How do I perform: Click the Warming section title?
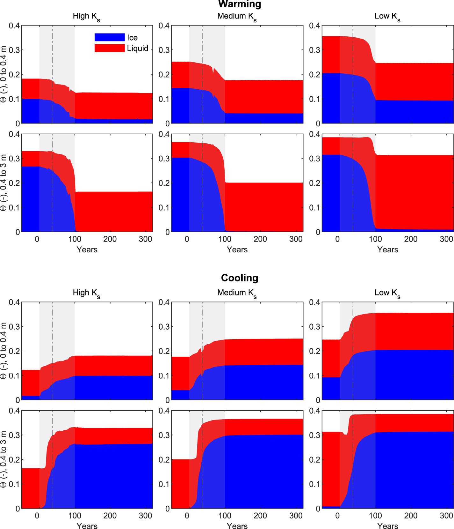tap(240, 4)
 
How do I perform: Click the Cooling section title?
tap(240, 278)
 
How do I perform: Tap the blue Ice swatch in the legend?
tap(110, 37)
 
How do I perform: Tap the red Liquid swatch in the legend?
tap(110, 48)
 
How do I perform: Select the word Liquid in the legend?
tap(138, 48)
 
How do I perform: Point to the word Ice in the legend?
tap(132, 38)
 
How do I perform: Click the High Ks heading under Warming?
tap(86, 16)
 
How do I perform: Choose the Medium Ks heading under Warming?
tap(237, 16)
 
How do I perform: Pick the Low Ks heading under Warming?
tap(387, 16)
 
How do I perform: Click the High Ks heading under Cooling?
tap(86, 293)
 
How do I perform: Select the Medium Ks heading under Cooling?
tap(237, 293)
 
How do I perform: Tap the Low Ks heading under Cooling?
tap(387, 293)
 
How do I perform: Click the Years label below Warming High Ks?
tap(87, 250)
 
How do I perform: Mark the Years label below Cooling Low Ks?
tap(388, 526)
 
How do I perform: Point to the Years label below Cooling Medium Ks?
tap(237, 526)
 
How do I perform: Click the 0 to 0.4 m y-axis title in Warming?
tap(4, 74)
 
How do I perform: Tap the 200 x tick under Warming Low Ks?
tap(411, 239)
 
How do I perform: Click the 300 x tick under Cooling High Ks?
tap(146, 516)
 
